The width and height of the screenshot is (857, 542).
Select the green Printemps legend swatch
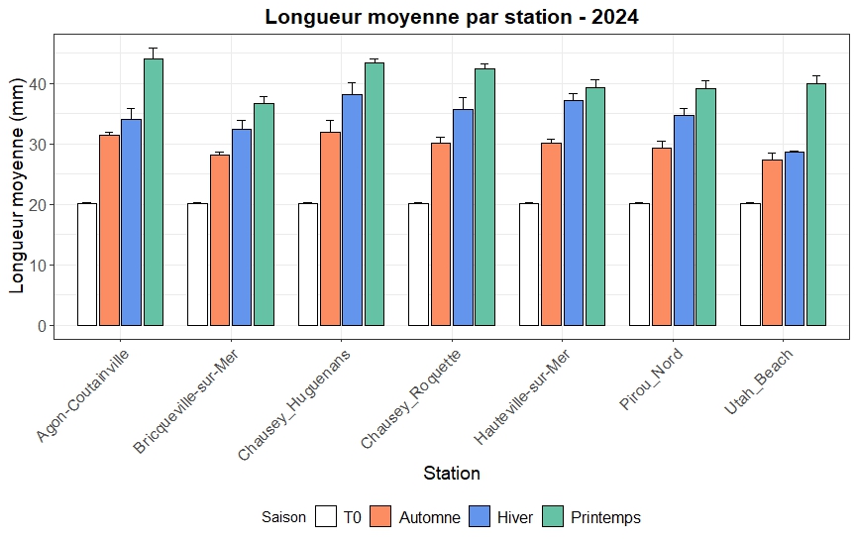[x=553, y=517]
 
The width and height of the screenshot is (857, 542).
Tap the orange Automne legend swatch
[x=381, y=517]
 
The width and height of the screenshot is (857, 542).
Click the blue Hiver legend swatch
[x=481, y=517]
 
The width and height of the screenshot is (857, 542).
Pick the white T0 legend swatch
[x=326, y=517]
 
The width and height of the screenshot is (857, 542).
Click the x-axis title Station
[x=452, y=474]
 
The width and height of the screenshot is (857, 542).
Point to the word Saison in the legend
[x=283, y=517]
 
